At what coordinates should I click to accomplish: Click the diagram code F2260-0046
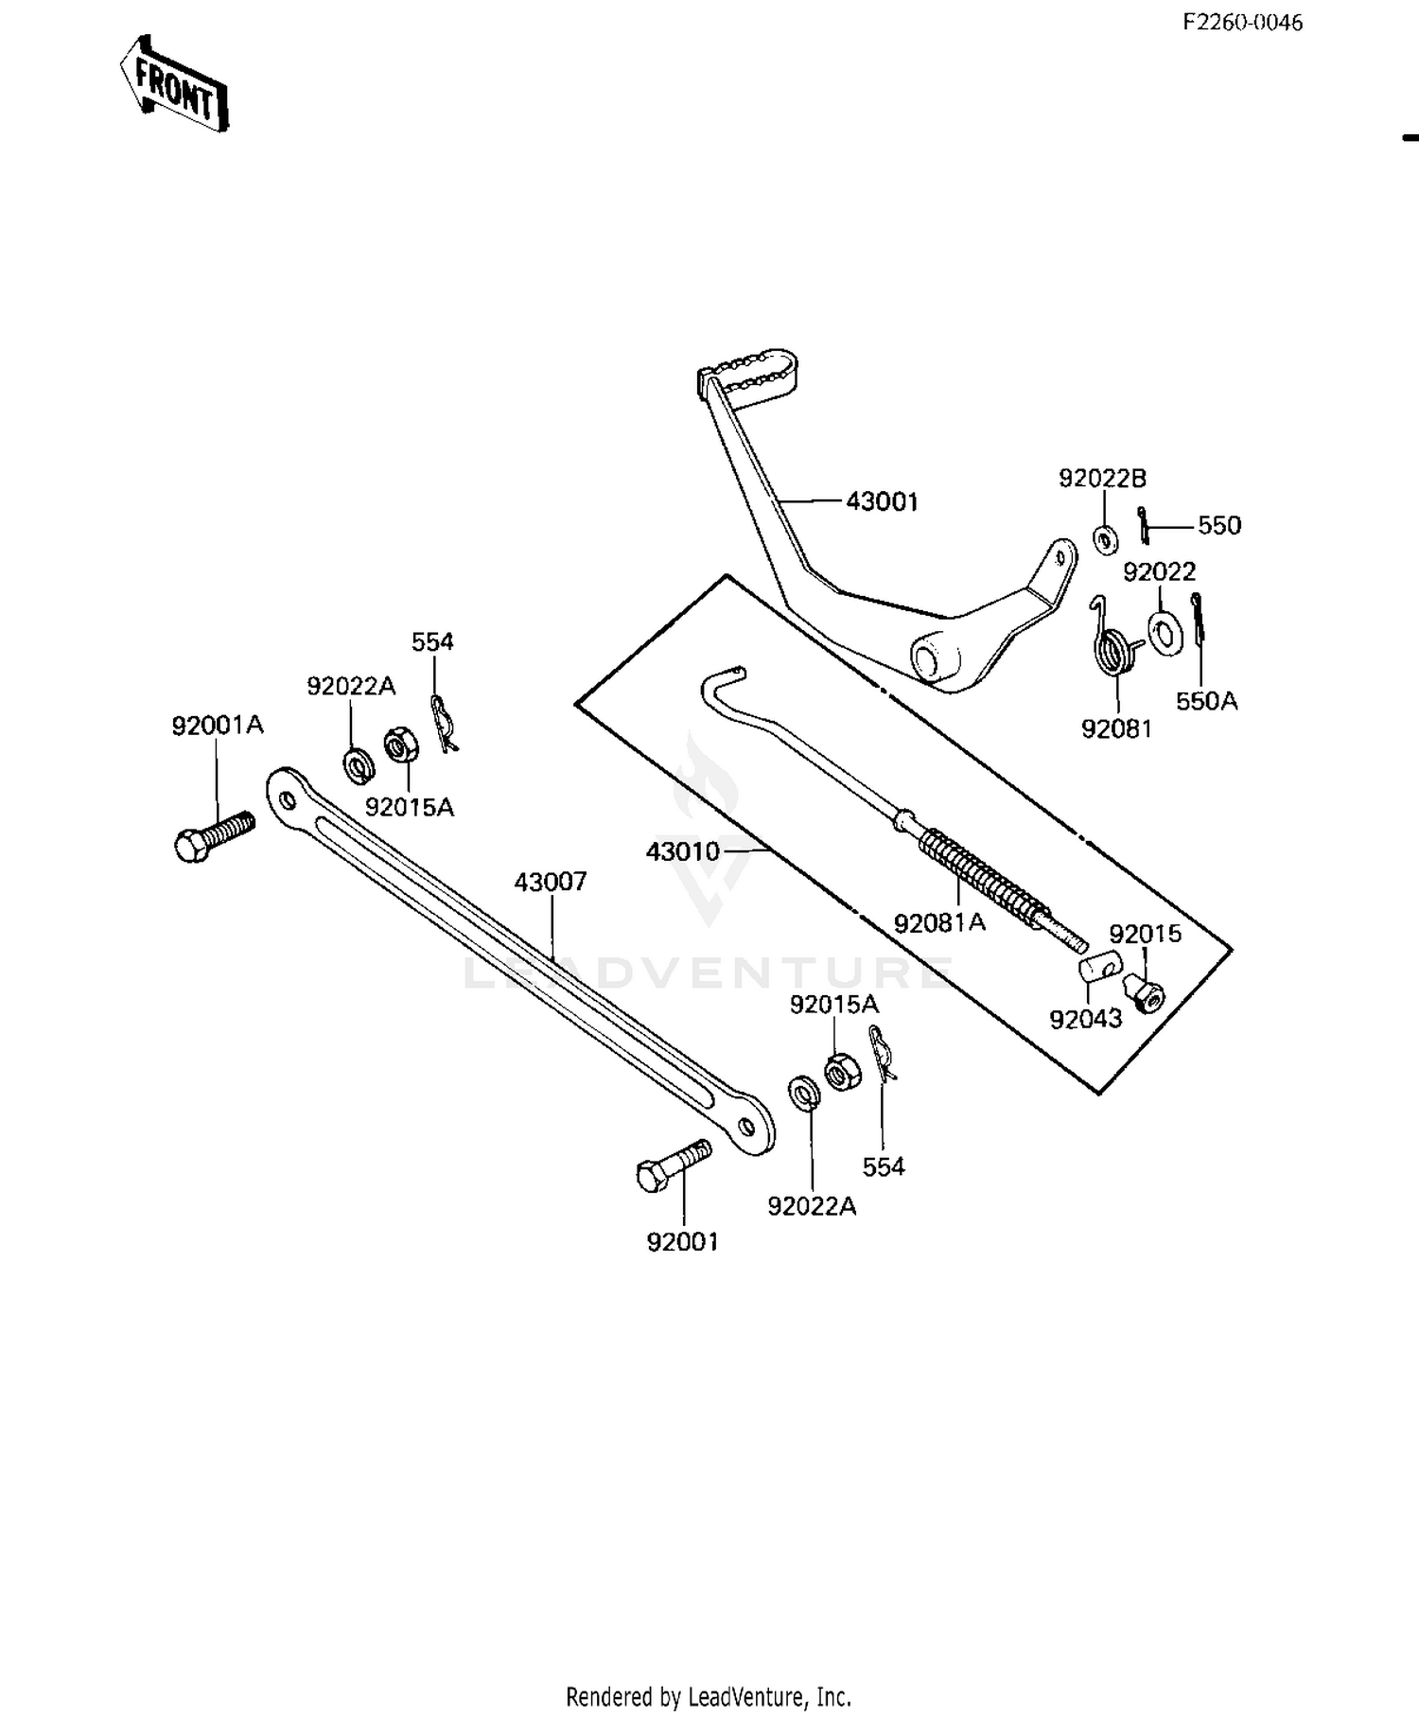pos(1242,23)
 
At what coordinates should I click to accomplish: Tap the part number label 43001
pos(882,501)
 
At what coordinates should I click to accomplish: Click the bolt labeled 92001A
pos(214,835)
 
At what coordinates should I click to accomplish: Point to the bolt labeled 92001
pos(673,1165)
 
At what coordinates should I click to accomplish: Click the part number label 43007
pos(551,882)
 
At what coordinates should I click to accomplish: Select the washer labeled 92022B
pos(1105,539)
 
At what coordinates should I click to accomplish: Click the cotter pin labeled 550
pos(1144,525)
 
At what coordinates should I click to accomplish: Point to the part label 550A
pos(1206,701)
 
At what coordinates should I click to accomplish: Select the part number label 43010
pos(683,851)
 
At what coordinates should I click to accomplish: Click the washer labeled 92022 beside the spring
pos(1164,631)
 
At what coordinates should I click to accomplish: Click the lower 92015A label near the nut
pos(834,1005)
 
